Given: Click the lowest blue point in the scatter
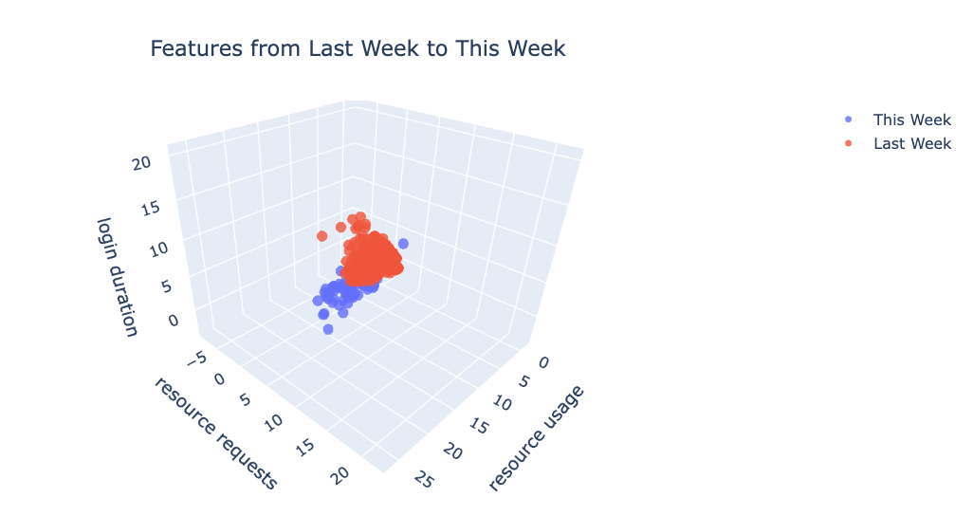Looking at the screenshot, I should tap(328, 329).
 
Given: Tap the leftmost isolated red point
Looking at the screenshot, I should tap(321, 235).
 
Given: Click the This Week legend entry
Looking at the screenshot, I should tap(911, 120).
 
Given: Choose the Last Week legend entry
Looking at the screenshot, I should tap(911, 144).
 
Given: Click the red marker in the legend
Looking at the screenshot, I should tap(848, 144).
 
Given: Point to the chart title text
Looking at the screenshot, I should tap(358, 48).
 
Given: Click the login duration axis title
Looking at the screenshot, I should tap(118, 276).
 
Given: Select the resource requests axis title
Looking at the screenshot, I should tap(215, 433).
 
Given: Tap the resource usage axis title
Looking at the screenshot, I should tap(536, 438).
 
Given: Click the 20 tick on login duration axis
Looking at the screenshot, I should tap(142, 164).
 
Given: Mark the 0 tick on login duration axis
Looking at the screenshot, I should tap(173, 322).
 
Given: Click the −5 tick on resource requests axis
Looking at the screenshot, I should tap(195, 360).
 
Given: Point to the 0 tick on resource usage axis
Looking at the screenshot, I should tap(542, 364).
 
